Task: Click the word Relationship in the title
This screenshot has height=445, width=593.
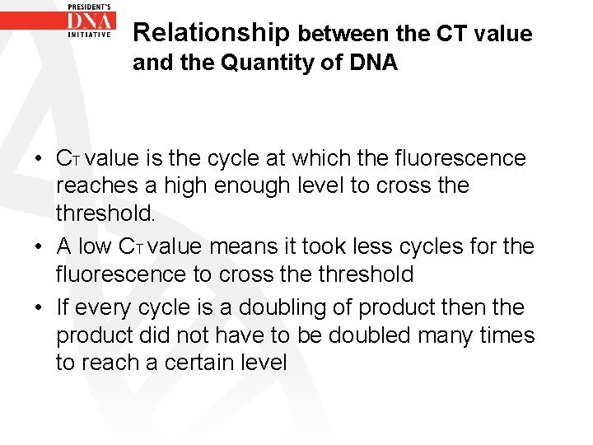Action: pyautogui.click(x=211, y=33)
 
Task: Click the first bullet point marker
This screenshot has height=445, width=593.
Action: pyautogui.click(x=40, y=158)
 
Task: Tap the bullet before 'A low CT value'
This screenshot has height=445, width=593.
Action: pyautogui.click(x=40, y=246)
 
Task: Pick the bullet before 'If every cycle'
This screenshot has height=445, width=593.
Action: pyautogui.click(x=40, y=307)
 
